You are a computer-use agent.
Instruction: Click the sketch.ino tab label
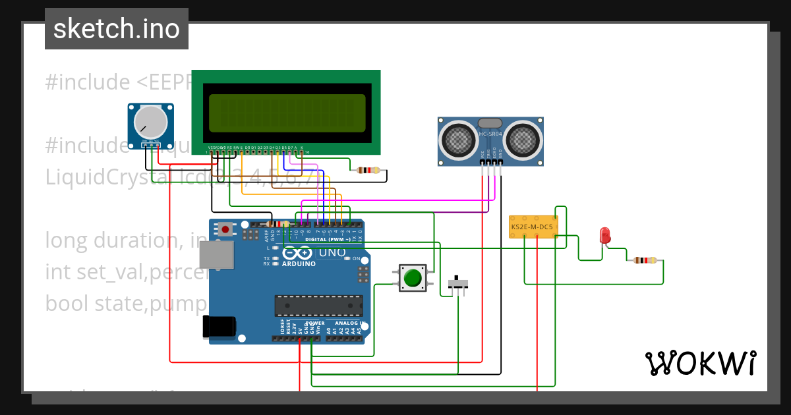click(x=116, y=29)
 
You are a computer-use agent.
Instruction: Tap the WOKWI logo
click(x=700, y=363)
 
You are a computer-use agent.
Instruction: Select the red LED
click(x=604, y=235)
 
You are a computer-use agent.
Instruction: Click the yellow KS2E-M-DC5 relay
click(x=533, y=227)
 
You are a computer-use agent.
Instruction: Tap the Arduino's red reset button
click(x=226, y=230)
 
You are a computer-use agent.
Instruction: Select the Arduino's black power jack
click(x=219, y=327)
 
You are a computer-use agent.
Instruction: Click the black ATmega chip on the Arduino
click(x=318, y=306)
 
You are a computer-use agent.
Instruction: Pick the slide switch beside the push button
click(x=458, y=284)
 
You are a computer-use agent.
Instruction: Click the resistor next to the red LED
click(x=644, y=260)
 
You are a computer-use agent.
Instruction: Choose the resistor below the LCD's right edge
click(x=368, y=170)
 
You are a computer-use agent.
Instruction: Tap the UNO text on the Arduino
click(x=332, y=252)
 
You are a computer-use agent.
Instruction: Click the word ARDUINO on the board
click(x=299, y=263)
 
